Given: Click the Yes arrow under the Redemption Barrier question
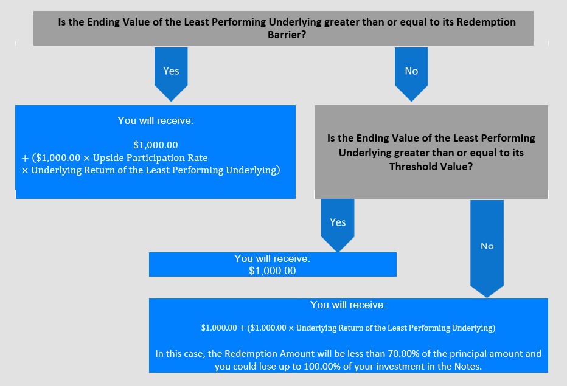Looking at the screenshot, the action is (171, 74).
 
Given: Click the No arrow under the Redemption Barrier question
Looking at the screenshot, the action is (411, 74).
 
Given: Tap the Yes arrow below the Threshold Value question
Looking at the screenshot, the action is (338, 225).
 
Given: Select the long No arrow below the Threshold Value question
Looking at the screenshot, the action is (487, 249).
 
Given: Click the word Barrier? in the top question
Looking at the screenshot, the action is (287, 35).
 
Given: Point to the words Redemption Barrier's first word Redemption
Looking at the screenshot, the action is (486, 22).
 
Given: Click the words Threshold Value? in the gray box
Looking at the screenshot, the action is (431, 167).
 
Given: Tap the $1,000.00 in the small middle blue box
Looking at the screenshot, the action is (273, 271).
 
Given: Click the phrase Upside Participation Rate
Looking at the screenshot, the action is (150, 158).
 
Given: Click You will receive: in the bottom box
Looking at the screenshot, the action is (348, 305).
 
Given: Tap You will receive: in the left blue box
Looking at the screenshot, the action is (156, 121).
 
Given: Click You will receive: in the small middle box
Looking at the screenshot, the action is (273, 258).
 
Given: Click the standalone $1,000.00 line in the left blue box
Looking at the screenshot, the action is (156, 145).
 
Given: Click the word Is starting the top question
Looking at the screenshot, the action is (62, 22).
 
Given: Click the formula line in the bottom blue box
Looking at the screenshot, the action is (348, 328).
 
